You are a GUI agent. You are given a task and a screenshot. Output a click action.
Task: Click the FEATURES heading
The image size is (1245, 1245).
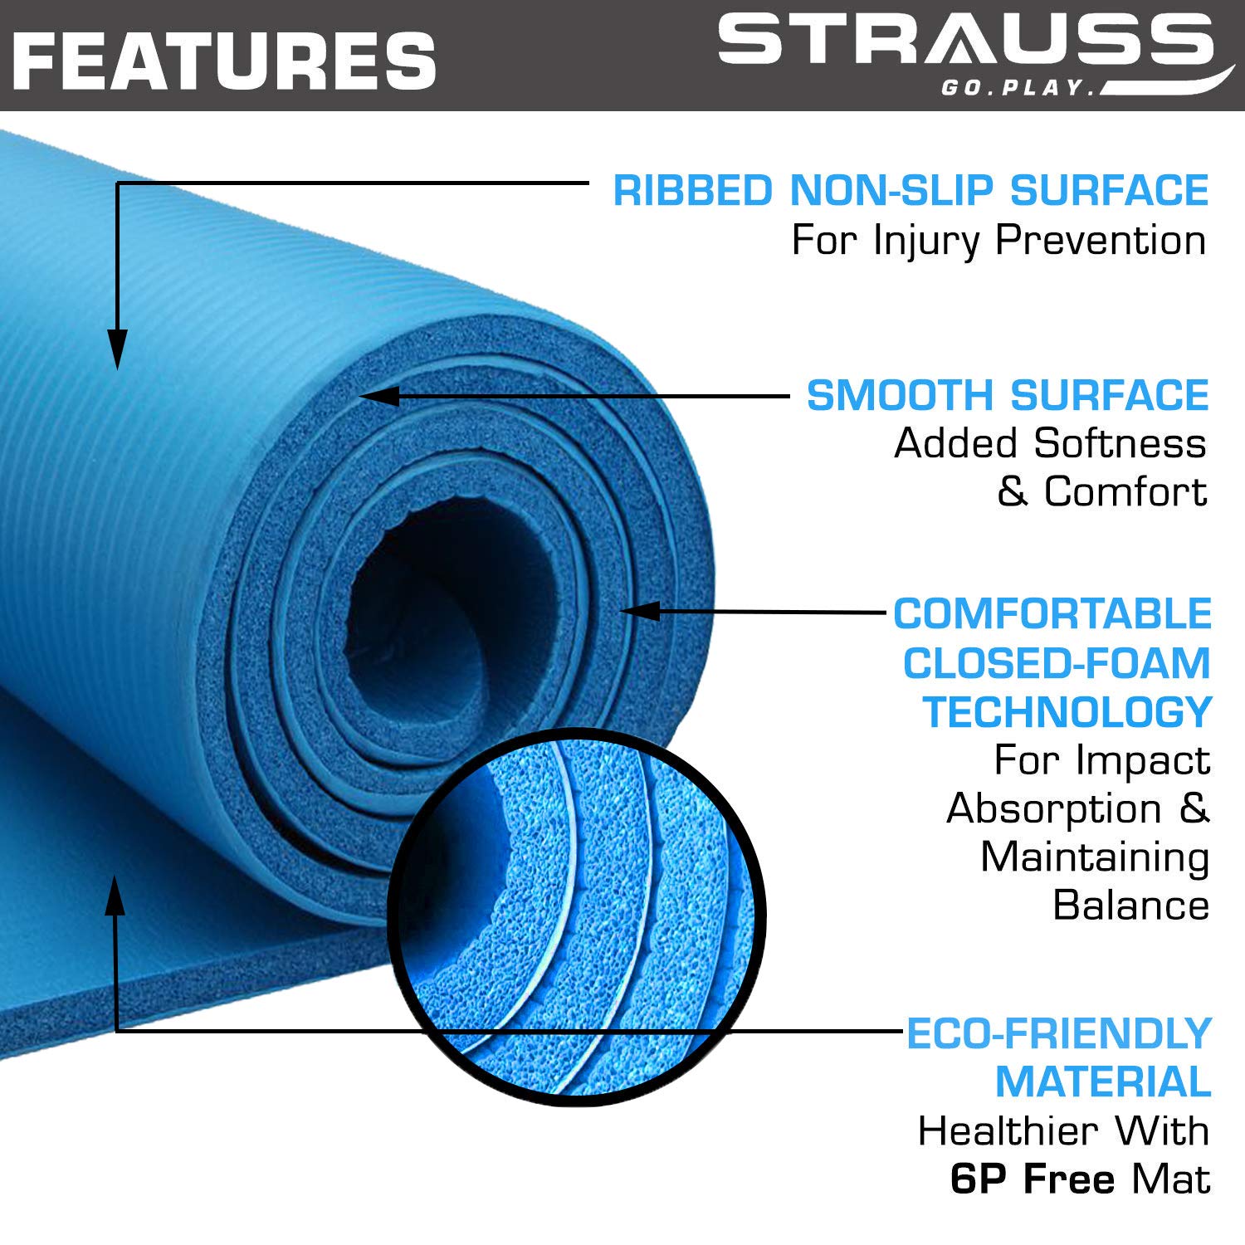click(x=225, y=60)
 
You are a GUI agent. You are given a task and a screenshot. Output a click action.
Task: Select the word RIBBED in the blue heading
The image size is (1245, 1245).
click(x=693, y=191)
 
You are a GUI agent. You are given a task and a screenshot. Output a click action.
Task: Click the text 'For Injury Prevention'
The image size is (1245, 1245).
click(x=998, y=241)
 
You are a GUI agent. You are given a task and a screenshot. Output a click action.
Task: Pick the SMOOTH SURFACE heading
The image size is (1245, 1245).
click(x=1008, y=395)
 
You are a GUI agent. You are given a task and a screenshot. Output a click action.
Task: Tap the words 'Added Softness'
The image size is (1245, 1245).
click(x=1050, y=443)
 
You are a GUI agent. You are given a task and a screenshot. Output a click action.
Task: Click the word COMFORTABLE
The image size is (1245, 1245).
click(x=1052, y=614)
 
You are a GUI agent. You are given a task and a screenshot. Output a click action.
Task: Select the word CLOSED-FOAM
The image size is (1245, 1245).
click(x=1057, y=663)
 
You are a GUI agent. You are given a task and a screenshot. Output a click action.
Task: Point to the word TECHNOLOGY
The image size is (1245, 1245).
click(x=1067, y=712)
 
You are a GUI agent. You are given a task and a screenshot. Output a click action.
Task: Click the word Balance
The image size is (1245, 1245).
click(x=1131, y=906)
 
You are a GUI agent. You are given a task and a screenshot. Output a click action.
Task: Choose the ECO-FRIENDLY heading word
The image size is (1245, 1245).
click(x=1058, y=1034)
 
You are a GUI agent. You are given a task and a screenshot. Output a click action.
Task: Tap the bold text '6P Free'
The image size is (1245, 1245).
click(x=1033, y=1179)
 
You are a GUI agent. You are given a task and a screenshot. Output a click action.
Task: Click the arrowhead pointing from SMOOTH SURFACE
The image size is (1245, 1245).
click(x=379, y=396)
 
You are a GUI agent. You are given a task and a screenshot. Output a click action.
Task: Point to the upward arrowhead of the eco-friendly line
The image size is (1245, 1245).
click(x=115, y=894)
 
